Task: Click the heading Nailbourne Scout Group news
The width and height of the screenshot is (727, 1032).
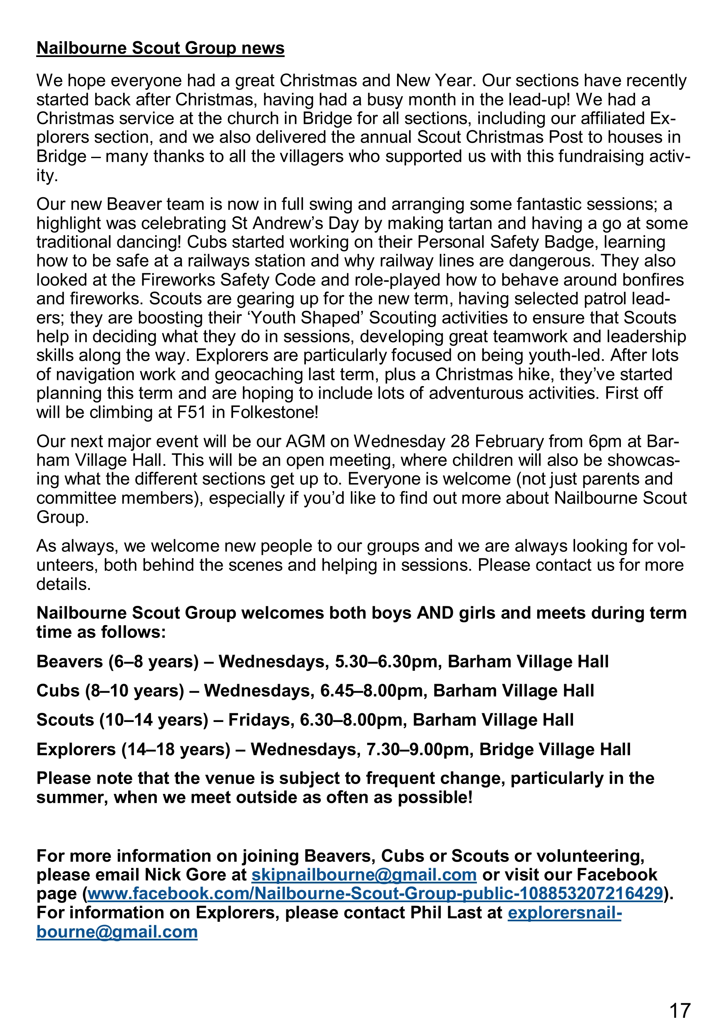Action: click(x=160, y=48)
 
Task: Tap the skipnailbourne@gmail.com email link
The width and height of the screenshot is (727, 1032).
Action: click(x=364, y=875)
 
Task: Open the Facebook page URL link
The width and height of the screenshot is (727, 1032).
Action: click(x=375, y=893)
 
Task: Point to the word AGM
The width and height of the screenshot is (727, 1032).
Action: click(x=306, y=442)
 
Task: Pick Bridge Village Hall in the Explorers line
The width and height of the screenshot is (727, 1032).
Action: click(x=555, y=749)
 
